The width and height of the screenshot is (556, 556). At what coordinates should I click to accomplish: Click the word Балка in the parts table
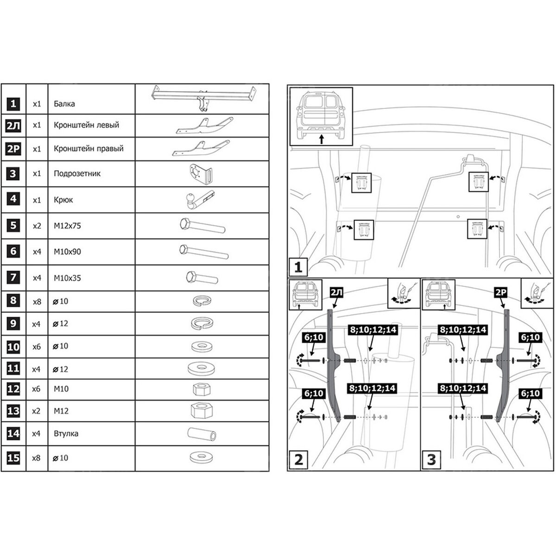click(64, 104)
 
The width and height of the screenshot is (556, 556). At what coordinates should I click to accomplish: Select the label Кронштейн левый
click(86, 125)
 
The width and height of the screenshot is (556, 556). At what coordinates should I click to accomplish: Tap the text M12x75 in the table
click(67, 226)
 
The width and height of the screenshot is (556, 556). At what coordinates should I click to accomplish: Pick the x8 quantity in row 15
click(36, 458)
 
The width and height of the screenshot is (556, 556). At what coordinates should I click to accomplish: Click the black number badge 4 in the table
click(13, 199)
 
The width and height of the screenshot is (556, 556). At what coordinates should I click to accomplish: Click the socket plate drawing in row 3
click(201, 173)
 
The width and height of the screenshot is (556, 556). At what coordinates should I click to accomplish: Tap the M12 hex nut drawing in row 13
click(202, 411)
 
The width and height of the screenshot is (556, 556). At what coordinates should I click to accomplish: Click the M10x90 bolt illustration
click(204, 252)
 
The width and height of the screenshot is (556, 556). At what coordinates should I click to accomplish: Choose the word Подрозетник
click(77, 174)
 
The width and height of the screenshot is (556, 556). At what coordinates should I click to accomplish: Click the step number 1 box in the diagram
click(298, 267)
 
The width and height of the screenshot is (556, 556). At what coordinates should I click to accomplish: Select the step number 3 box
click(431, 460)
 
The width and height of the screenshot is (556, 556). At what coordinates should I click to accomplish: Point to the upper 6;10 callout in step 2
click(314, 337)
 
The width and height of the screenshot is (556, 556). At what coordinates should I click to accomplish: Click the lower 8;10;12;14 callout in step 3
click(463, 388)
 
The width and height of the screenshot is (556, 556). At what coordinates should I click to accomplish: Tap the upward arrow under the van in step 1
click(322, 139)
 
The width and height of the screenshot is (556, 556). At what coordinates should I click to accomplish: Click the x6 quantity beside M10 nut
click(36, 389)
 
